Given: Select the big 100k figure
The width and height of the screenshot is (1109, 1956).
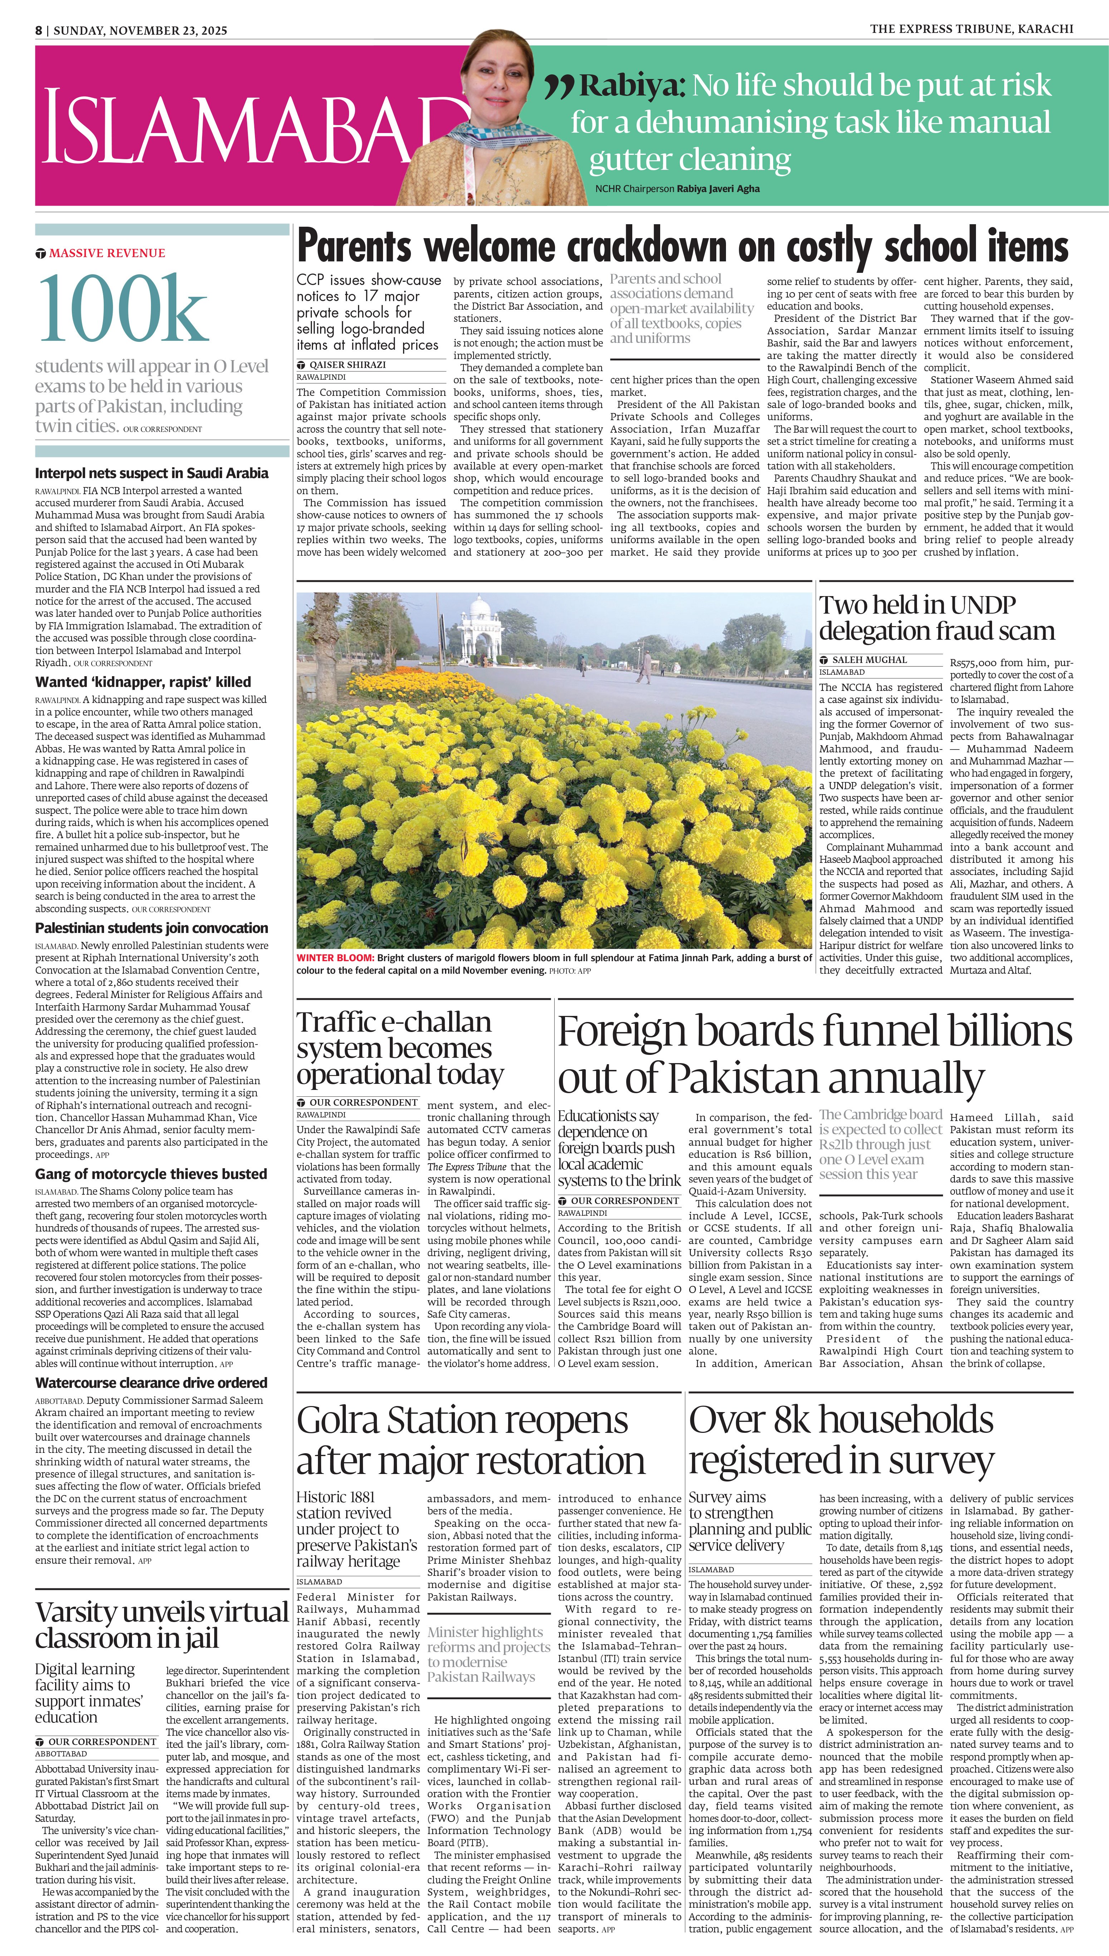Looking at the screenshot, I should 122,308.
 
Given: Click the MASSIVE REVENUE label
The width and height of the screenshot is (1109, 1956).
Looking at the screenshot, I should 107,253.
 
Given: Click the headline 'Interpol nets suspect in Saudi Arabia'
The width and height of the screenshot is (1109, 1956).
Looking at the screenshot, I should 152,473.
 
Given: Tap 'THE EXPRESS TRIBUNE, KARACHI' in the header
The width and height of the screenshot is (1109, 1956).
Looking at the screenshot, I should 971,29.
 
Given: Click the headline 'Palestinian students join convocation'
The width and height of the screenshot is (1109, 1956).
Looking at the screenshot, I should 152,928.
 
